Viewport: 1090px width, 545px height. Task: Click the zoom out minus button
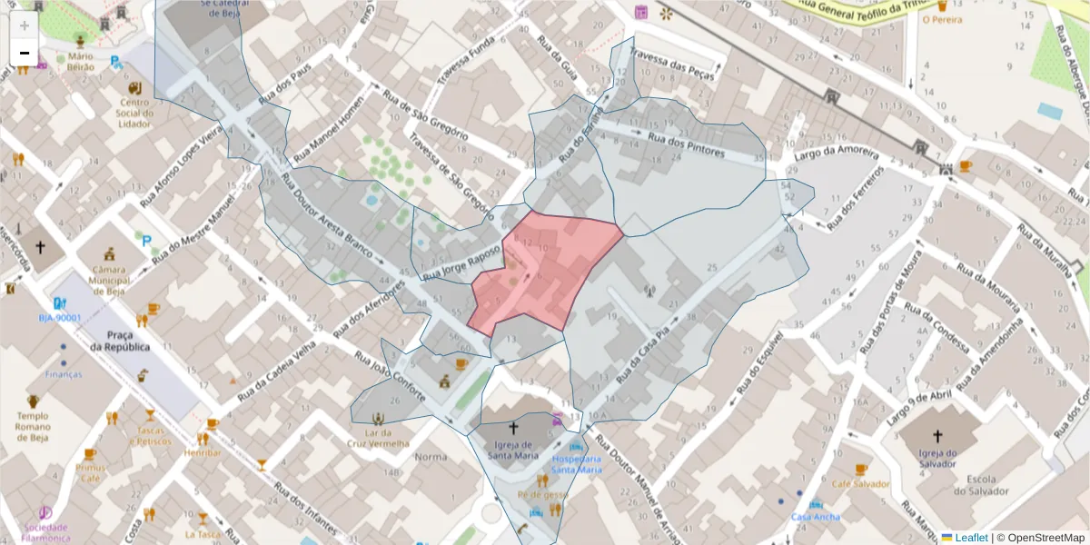tap(25, 54)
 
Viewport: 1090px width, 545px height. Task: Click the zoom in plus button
tap(25, 25)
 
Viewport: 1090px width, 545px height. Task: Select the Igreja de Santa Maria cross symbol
tap(513, 427)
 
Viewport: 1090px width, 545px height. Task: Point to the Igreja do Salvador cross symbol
tap(938, 436)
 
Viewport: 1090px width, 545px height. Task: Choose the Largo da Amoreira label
tap(836, 154)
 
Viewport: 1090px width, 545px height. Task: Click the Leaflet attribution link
tap(970, 537)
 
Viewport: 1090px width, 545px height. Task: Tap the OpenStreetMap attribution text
tap(1045, 537)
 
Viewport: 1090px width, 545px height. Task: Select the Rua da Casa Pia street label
tap(648, 355)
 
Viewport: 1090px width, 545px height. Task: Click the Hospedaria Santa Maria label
tap(577, 464)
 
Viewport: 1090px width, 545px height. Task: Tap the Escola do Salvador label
tap(981, 485)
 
